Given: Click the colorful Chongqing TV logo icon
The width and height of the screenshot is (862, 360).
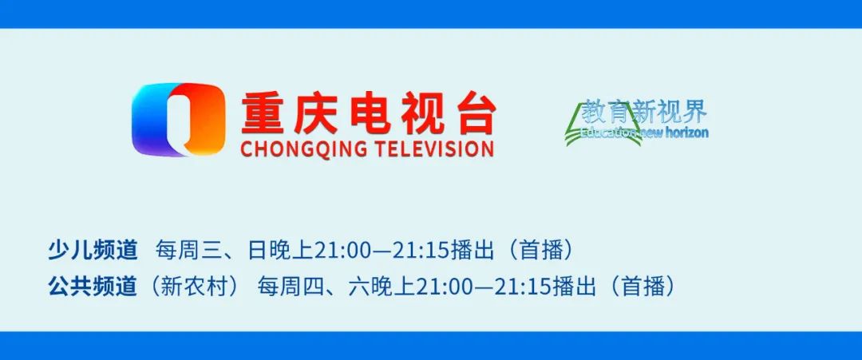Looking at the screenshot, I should pos(178,120).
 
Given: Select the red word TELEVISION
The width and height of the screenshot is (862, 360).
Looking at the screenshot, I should pos(437,149).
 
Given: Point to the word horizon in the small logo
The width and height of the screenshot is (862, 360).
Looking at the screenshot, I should pos(685,133).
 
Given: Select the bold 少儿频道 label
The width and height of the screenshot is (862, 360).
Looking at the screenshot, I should pos(93,250).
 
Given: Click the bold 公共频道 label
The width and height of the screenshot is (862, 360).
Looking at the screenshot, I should pos(93,287).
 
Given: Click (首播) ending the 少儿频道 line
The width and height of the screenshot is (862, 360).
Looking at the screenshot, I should pos(542,250).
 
